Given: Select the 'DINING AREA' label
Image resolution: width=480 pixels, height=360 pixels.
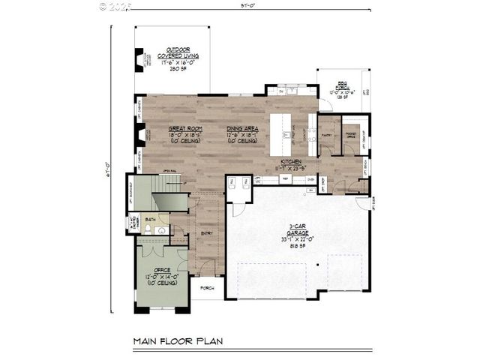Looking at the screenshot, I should point(243,128).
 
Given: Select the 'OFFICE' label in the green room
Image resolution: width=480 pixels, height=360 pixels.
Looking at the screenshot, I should point(162,269).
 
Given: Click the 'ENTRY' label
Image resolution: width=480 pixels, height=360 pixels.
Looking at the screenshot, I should point(207,232).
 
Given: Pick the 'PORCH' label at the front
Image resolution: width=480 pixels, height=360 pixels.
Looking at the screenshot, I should point(207,287).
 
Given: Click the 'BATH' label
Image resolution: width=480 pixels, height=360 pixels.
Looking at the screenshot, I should point(150,220).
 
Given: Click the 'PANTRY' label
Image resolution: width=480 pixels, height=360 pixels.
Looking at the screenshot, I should point(327,136).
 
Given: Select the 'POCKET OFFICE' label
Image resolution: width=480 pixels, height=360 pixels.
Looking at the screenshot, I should point(350,136).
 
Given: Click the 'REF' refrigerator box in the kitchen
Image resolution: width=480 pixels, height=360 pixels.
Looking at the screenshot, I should point(286,180).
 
